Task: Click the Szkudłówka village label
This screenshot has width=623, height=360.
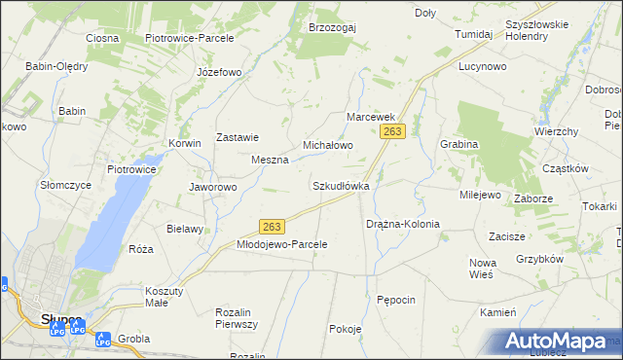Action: [341, 185]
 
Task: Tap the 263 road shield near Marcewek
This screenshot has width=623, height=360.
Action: [393, 131]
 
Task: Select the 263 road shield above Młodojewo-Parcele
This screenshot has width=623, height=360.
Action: [273, 226]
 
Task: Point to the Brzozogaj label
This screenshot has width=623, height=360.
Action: [332, 27]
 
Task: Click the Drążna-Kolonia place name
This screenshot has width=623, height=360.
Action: [403, 224]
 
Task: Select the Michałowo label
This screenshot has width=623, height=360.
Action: [327, 145]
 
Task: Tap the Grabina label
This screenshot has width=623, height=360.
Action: [458, 144]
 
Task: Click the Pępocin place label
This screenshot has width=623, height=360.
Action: [396, 300]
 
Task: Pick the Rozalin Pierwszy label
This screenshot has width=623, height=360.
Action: [236, 318]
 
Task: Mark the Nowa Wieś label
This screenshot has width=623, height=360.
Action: [483, 269]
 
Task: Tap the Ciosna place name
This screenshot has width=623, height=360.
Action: [102, 38]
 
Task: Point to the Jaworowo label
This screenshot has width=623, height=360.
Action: [212, 187]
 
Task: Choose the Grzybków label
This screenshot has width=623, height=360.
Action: [540, 260]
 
